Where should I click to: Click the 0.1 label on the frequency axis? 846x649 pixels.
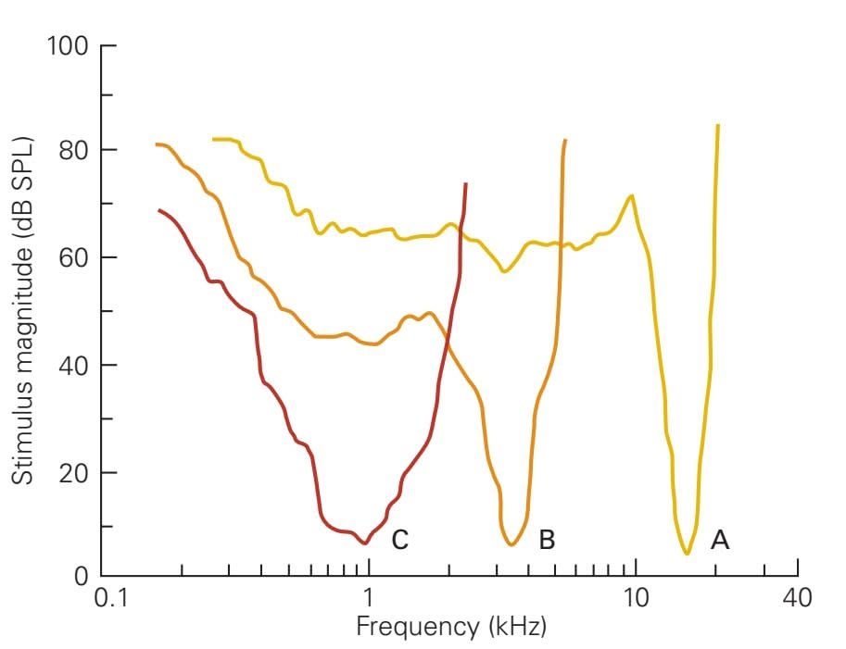[111, 598]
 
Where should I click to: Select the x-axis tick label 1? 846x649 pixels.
[369, 598]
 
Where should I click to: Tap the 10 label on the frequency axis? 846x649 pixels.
[636, 598]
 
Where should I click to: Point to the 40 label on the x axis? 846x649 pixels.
[797, 598]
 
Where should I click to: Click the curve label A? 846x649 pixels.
[719, 540]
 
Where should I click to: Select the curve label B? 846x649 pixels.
[547, 540]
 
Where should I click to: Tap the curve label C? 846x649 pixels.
[399, 540]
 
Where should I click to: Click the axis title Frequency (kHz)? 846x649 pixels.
[451, 627]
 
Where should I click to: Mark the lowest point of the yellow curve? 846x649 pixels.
[687, 554]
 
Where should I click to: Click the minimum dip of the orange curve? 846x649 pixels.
[511, 544]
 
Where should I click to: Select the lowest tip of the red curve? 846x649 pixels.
[365, 543]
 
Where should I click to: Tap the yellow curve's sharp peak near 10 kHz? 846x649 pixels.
[631, 195]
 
